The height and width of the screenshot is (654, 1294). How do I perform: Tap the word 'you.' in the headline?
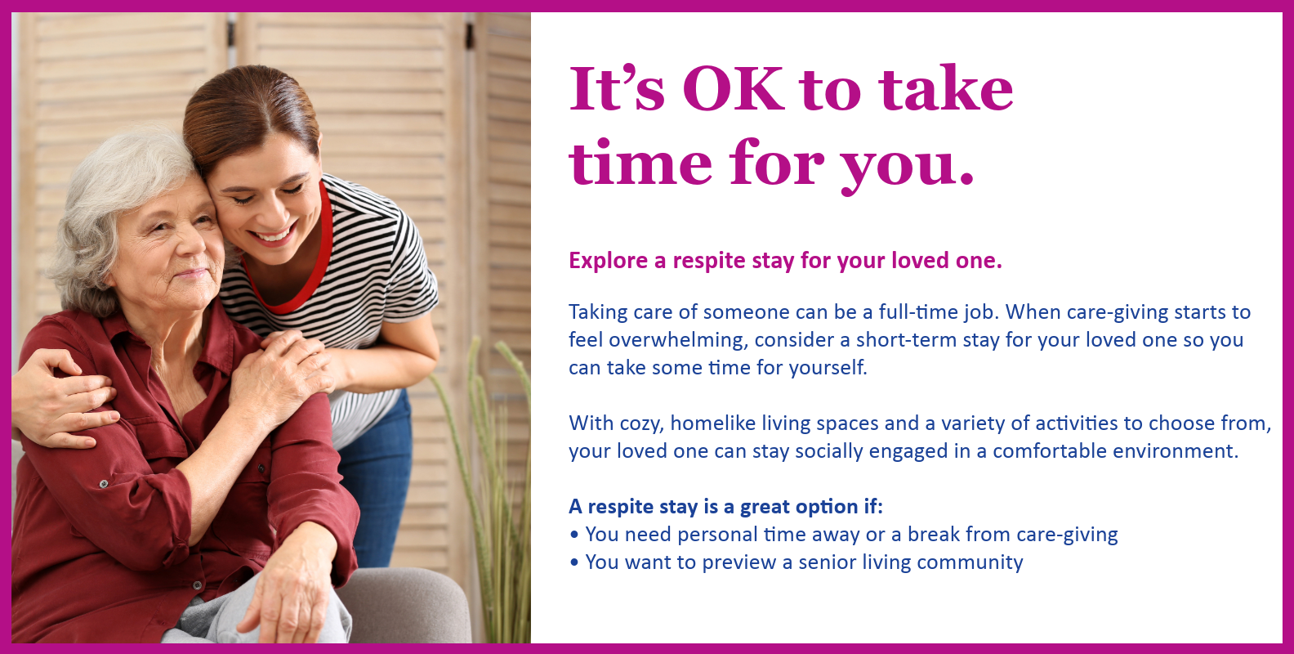(908, 166)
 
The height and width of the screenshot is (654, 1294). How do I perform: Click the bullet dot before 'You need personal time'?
(573, 535)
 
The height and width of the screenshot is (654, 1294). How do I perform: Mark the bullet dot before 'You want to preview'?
(573, 562)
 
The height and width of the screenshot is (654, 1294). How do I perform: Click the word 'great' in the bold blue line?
(765, 508)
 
